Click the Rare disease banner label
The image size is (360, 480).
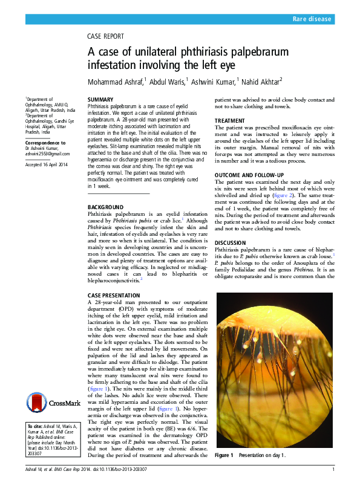(312, 19)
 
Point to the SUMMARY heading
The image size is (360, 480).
(100, 99)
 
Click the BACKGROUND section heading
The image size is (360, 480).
(106, 207)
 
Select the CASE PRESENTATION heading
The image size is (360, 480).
(116, 295)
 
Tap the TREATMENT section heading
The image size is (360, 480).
(230, 121)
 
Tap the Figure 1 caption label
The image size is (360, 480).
(223, 455)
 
